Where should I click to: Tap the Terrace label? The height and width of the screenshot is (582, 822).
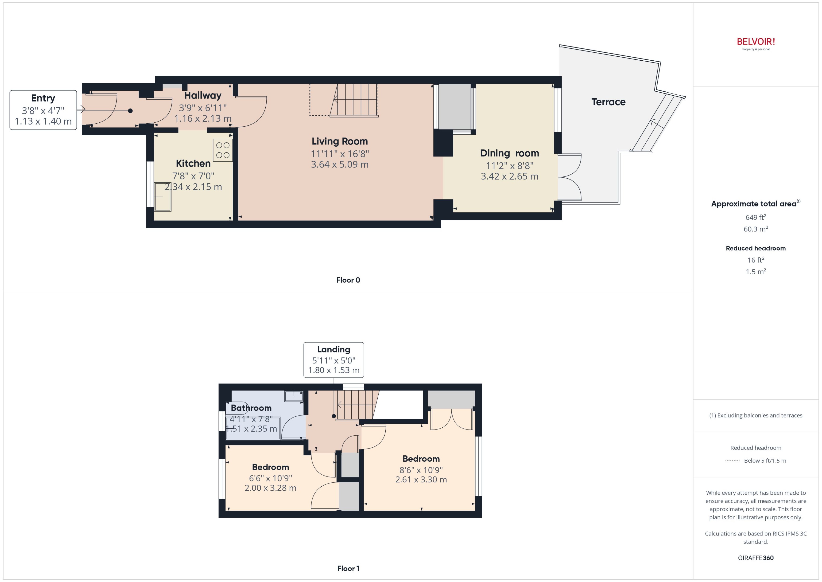[608, 102]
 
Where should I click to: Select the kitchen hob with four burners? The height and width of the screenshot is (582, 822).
[222, 150]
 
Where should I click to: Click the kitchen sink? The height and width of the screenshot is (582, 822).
[163, 197]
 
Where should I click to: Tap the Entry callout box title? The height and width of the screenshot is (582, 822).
[43, 98]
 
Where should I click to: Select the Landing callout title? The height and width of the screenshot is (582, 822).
[333, 349]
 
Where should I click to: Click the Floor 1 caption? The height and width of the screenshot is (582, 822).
[348, 568]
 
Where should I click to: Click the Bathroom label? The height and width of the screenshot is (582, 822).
[251, 408]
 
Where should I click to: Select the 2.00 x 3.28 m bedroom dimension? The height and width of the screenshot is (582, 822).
[270, 488]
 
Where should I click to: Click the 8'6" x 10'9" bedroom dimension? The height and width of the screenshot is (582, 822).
[421, 470]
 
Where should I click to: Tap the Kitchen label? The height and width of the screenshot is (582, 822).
[193, 164]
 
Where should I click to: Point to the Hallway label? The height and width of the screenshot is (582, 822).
[203, 95]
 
